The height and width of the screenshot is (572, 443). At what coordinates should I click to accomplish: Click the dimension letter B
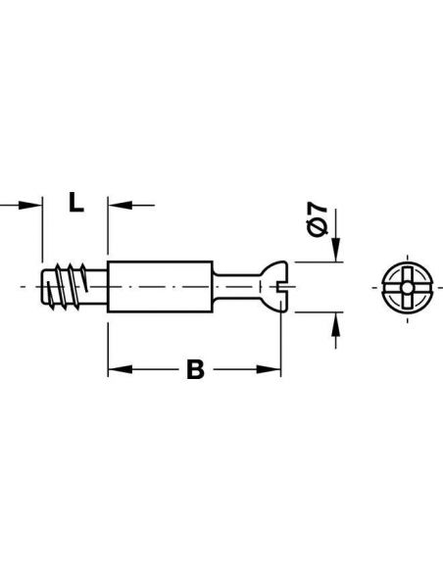point(195,371)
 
